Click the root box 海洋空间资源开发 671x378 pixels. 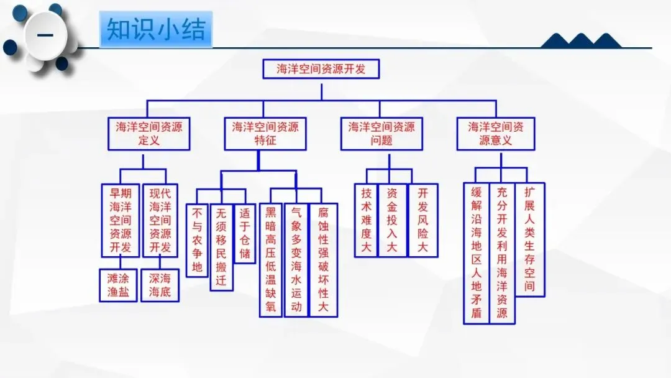point(321,69)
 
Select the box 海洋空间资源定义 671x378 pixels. point(149,133)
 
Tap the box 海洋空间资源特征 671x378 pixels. point(265,133)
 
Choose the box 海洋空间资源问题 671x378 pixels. point(381,133)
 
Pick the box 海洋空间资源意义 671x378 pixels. point(496,133)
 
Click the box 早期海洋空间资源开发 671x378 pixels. point(121,219)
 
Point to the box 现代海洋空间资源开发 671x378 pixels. point(160,219)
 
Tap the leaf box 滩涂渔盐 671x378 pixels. point(119,285)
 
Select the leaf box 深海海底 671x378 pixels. point(160,285)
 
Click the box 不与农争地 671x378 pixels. point(198,240)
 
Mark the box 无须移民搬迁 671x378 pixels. point(221,247)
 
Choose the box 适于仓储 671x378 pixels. point(245,233)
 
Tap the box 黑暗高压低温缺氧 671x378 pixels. point(271,260)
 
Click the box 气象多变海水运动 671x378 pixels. point(296,260)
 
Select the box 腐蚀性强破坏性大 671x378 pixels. point(323,260)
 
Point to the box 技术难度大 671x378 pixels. point(366,220)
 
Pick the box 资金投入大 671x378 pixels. point(392,220)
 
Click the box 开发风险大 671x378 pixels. point(422,220)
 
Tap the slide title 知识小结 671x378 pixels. point(156,29)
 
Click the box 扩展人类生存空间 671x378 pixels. point(529,239)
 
